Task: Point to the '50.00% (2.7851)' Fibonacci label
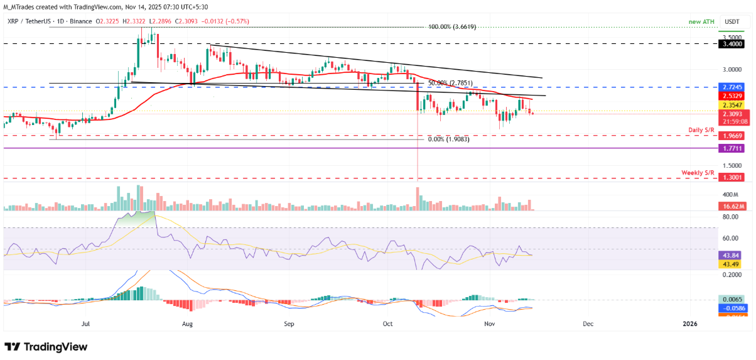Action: point(450,83)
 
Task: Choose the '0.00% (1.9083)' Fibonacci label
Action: point(448,139)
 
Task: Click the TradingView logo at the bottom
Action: point(46,347)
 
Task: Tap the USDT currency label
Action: point(732,21)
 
